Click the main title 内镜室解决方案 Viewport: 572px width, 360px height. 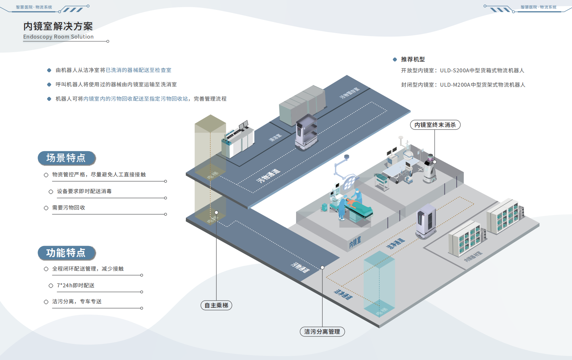click(x=58, y=26)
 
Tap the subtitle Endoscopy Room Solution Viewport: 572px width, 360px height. click(x=58, y=37)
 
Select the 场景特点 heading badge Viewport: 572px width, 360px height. click(x=66, y=158)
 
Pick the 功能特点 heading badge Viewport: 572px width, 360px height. click(x=66, y=253)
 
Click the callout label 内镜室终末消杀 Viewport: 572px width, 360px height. click(x=435, y=125)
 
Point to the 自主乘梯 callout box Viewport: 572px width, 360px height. click(x=216, y=305)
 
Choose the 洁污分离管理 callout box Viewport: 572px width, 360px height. click(x=322, y=332)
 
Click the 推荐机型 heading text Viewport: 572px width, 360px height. click(x=413, y=59)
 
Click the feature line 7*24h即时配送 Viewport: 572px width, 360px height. click(x=76, y=285)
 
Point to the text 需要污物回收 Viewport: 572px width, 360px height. click(x=69, y=207)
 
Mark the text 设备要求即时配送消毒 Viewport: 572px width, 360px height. click(x=84, y=191)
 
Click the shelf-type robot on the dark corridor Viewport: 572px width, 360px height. click(x=306, y=131)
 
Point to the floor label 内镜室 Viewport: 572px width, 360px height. click(x=355, y=242)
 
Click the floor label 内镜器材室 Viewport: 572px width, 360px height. click(x=473, y=256)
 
